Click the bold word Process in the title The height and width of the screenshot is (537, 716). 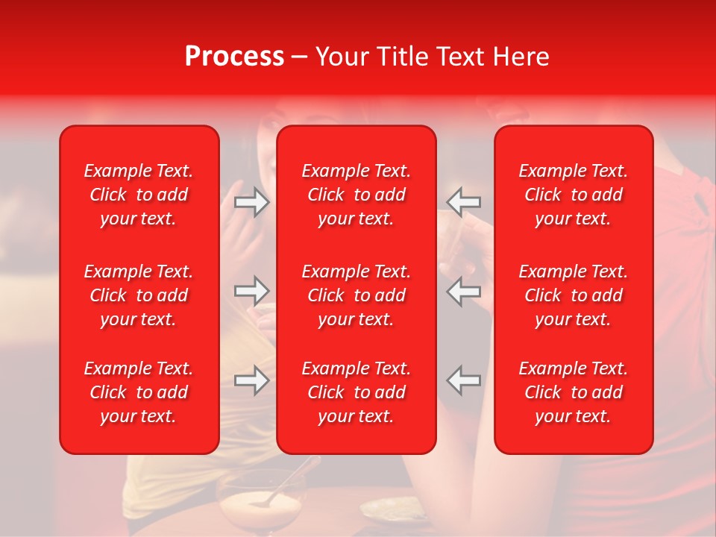(234, 57)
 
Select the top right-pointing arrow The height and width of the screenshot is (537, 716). (251, 202)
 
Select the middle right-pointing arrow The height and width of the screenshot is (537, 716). (251, 291)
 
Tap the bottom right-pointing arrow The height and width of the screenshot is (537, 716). (251, 380)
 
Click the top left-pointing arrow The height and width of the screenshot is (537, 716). (464, 202)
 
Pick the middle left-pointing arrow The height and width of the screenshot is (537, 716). (464, 291)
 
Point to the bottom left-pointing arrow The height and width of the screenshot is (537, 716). (464, 380)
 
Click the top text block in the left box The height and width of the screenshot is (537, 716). (138, 195)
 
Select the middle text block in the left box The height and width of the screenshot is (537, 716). (138, 295)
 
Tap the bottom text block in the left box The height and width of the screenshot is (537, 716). (138, 392)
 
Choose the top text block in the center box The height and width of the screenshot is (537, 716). (356, 195)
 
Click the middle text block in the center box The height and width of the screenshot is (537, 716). (356, 295)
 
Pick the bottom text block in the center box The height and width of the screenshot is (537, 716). (356, 392)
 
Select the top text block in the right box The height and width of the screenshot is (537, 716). (573, 195)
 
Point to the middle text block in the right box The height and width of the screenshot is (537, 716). (573, 295)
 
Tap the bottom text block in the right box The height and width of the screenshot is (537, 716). (573, 392)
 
